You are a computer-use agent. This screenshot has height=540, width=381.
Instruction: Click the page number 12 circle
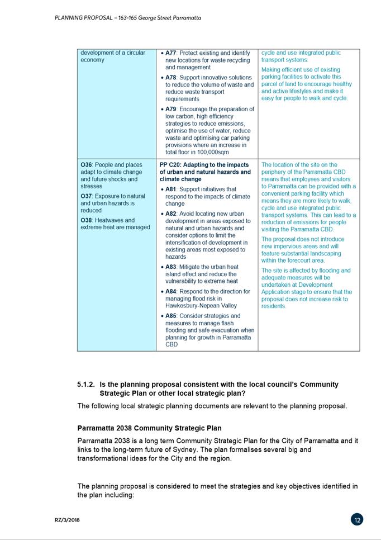(x=357, y=520)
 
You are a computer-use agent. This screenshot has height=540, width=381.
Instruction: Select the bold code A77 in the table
(x=171, y=53)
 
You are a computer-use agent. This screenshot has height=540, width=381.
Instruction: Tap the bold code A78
(x=171, y=78)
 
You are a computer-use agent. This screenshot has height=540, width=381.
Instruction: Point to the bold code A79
(x=171, y=110)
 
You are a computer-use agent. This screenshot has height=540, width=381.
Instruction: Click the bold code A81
(x=171, y=190)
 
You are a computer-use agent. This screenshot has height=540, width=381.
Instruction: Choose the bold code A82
(x=171, y=214)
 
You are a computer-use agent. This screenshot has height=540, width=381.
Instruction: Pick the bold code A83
(x=171, y=267)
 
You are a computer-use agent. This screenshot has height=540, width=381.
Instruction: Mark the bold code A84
(x=171, y=292)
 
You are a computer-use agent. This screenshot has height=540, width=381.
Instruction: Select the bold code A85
(x=171, y=316)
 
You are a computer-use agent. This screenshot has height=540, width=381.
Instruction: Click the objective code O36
(x=86, y=165)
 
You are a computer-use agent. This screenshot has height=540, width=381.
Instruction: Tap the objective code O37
(x=86, y=196)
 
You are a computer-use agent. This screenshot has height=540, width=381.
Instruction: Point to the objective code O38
(x=86, y=220)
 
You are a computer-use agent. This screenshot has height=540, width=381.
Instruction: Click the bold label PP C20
(x=170, y=165)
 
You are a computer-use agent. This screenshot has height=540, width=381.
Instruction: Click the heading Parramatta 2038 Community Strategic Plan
(x=149, y=429)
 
